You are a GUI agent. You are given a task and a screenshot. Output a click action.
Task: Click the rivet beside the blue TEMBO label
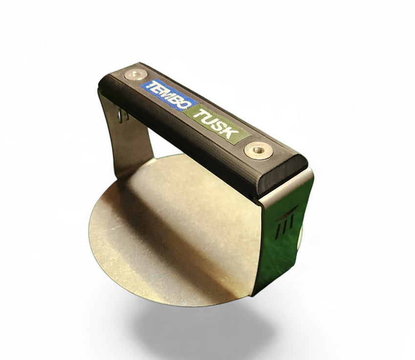136,74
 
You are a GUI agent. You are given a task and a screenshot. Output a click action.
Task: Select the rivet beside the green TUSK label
258,151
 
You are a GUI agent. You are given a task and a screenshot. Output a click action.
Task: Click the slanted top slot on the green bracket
286,213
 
